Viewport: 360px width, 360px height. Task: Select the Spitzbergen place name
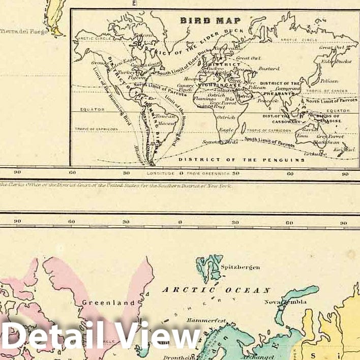(x=239, y=267)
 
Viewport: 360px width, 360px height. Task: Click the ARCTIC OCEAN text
(x=216, y=290)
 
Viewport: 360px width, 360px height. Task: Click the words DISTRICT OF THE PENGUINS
(x=242, y=160)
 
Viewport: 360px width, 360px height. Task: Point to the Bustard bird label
(x=269, y=68)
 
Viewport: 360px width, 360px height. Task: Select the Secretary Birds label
(x=219, y=141)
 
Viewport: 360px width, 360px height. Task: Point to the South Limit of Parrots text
(x=269, y=142)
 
